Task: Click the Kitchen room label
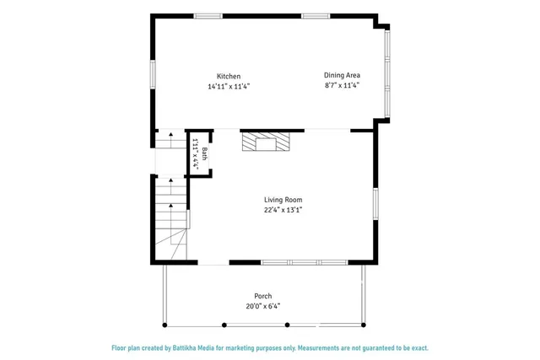[229, 77]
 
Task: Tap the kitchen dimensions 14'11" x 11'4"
[229, 86]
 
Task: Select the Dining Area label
[342, 75]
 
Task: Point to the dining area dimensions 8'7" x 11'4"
[342, 84]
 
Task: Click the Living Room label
[283, 200]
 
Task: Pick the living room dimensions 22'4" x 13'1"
[283, 210]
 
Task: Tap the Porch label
[263, 296]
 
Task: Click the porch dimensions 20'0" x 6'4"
[263, 306]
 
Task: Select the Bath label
[204, 154]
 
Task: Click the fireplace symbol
[265, 142]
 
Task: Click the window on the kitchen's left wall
[153, 73]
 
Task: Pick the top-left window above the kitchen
[208, 15]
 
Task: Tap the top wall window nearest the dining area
[316, 15]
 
